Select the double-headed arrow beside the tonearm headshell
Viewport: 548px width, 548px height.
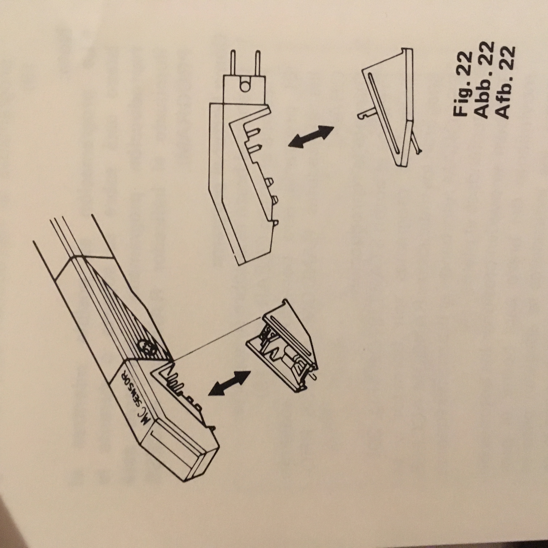229,383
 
